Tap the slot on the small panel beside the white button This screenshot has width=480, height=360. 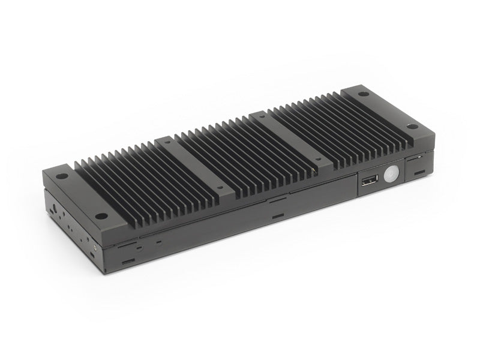(x=418, y=173)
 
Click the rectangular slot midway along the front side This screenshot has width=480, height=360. (x=277, y=215)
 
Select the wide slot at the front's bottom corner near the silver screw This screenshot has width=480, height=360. (x=128, y=262)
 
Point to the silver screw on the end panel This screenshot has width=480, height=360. (x=94, y=247)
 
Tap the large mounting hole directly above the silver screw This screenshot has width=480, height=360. (x=103, y=216)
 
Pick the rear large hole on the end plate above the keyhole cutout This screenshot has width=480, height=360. (x=61, y=178)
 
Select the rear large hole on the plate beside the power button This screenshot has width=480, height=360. (x=363, y=94)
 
